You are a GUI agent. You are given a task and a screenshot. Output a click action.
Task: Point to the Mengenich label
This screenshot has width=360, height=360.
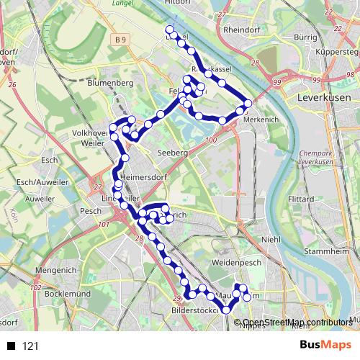pos(55,271)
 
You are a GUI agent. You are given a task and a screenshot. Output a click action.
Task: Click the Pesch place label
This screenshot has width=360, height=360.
pos(91,211)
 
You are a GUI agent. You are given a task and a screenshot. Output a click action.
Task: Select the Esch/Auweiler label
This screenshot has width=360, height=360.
pos(39,182)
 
